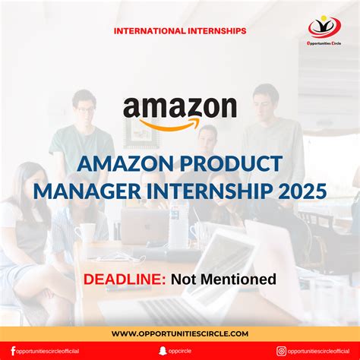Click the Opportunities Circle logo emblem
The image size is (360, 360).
click(324, 27)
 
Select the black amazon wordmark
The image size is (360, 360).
click(180, 109)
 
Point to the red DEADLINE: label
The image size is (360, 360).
click(125, 279)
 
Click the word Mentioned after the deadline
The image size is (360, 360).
click(235, 279)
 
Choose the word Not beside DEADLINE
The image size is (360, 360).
click(182, 279)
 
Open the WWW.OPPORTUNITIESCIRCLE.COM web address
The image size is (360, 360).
click(180, 333)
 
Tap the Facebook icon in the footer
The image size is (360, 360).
click(13, 351)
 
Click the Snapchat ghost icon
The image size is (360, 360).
click(162, 351)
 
